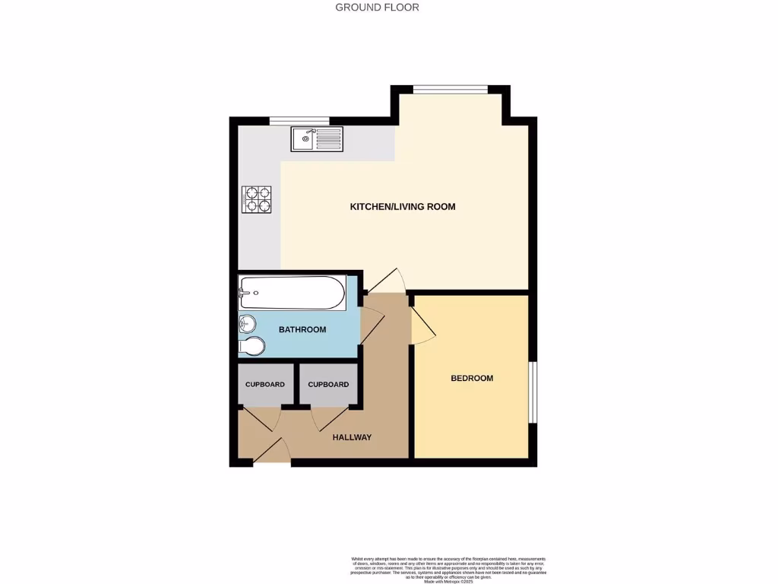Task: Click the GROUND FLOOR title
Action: coord(377,8)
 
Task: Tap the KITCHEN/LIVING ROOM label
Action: coord(402,207)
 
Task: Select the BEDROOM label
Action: coord(472,379)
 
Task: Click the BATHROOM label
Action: coord(302,330)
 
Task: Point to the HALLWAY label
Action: coord(352,437)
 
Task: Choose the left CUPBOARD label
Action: coord(264,385)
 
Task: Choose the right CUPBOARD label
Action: coord(328,385)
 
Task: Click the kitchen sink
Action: coord(316,139)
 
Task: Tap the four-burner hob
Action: coord(257,199)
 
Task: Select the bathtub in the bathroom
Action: coord(292,292)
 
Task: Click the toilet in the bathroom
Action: coord(251,347)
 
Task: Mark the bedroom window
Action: coord(533,392)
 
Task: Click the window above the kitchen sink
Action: coord(299,120)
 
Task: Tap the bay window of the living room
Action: coord(450,89)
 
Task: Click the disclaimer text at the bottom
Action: coord(448,568)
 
